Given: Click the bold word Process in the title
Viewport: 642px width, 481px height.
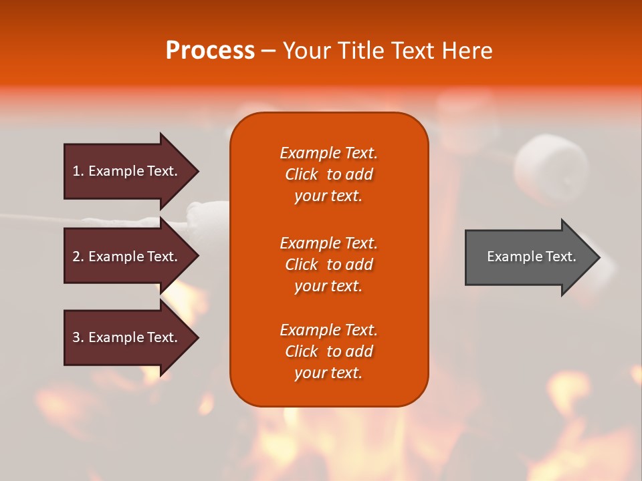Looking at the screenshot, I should click(210, 51).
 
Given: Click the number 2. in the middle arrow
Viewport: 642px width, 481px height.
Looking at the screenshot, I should click(78, 257).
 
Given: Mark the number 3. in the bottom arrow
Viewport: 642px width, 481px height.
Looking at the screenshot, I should click(78, 337).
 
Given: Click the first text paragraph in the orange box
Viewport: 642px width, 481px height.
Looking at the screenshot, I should click(328, 174).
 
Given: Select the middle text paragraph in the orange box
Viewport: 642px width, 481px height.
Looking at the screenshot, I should click(328, 264).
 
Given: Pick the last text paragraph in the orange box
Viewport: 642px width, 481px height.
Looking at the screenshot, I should click(328, 351).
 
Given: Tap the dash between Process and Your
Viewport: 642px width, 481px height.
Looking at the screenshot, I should click(269, 51).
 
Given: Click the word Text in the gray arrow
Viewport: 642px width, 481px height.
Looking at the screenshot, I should click(562, 257).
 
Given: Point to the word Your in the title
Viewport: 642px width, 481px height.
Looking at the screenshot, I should click(308, 51).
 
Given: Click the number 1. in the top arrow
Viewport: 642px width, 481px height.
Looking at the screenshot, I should click(78, 171).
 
